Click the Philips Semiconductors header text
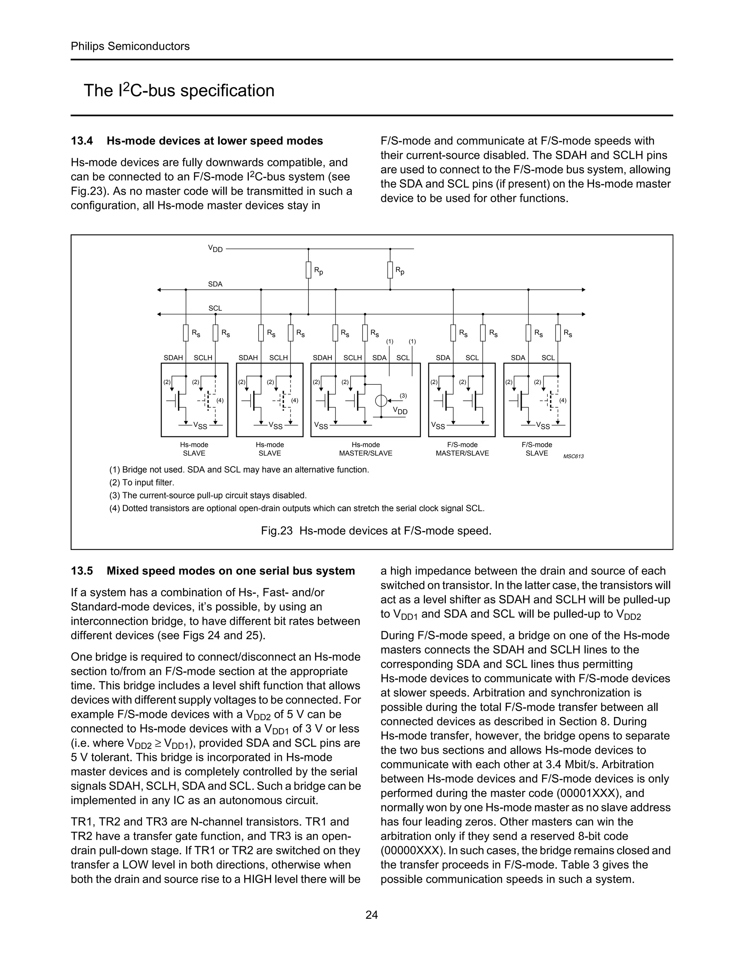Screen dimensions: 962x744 click(130, 46)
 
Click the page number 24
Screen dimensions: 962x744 click(372, 915)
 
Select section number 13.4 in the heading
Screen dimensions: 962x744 click(82, 141)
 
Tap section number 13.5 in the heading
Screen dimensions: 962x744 click(82, 571)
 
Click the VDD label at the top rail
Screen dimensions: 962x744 click(215, 249)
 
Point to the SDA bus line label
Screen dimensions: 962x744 click(215, 284)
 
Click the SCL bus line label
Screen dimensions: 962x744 click(215, 308)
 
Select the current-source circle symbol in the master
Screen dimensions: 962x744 click(381, 401)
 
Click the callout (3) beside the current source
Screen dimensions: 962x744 click(403, 396)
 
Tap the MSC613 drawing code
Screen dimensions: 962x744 click(573, 456)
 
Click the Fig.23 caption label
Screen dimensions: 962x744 click(276, 531)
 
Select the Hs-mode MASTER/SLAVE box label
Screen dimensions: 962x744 click(365, 449)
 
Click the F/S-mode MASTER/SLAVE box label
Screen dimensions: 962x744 click(462, 449)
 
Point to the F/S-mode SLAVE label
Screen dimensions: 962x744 click(537, 449)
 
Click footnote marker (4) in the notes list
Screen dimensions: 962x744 click(114, 508)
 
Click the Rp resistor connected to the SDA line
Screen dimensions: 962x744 click(390, 270)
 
